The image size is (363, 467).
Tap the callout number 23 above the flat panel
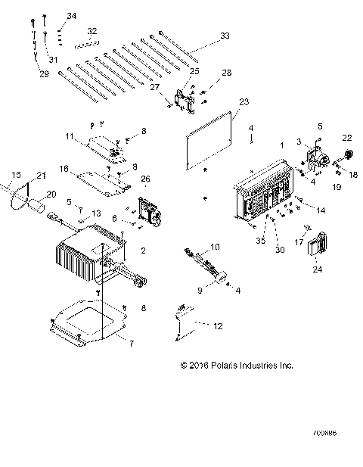[x=244, y=101]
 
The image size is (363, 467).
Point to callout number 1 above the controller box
[x=283, y=145]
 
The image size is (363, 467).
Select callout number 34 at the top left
[x=72, y=16]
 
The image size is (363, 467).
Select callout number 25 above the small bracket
[x=194, y=71]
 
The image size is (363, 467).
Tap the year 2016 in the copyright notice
[x=200, y=365]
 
